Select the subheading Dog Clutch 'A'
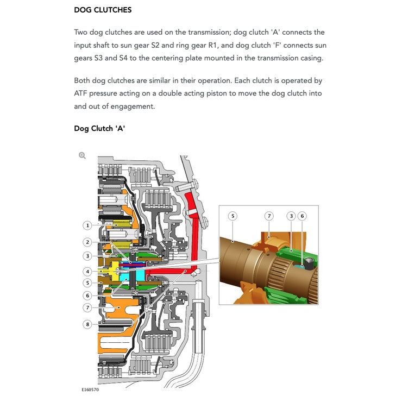click(x=99, y=129)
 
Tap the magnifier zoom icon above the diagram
click(x=82, y=155)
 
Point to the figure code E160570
click(x=90, y=390)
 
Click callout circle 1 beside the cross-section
click(x=87, y=225)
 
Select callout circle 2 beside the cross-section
click(x=87, y=242)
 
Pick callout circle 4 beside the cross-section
click(x=87, y=271)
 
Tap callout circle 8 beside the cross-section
click(x=87, y=324)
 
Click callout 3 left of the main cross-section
click(x=87, y=256)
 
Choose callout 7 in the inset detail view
click(x=268, y=216)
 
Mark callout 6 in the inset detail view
click(x=303, y=216)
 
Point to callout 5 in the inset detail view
click(x=233, y=216)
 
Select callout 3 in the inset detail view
click(x=291, y=216)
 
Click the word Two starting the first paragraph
click(x=81, y=33)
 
